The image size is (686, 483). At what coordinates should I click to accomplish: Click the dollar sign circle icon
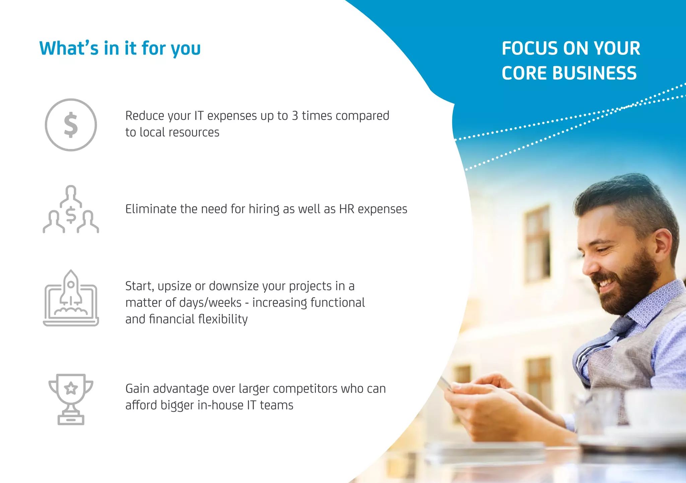tap(71, 125)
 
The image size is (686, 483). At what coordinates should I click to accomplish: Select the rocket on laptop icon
tap(71, 298)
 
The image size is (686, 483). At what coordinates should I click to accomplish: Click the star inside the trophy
tap(71, 389)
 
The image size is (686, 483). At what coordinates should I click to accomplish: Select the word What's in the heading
tap(69, 49)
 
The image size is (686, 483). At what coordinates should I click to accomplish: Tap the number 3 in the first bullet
tap(295, 116)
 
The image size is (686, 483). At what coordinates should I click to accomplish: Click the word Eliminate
tap(151, 209)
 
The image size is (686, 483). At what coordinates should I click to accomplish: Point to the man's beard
tap(633, 285)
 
